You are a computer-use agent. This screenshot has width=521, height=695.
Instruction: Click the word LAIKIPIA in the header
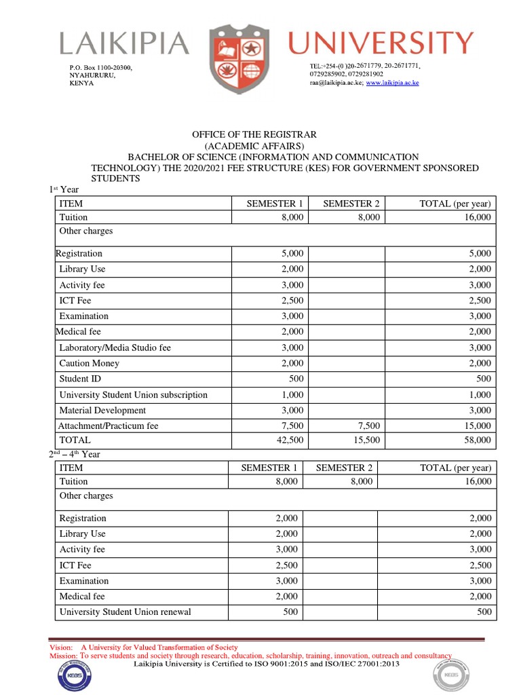pos(124,45)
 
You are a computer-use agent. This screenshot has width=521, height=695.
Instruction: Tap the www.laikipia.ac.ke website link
pos(392,82)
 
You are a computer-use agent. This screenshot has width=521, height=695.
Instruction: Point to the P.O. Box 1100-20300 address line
pos(101,68)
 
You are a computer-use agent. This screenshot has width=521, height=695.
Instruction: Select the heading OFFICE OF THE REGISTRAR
pos(254,135)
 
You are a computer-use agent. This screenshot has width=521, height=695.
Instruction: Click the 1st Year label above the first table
pos(64,189)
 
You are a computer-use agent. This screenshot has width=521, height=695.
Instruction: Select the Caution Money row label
pos(89,363)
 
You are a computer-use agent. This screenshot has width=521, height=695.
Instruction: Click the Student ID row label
pos(80,379)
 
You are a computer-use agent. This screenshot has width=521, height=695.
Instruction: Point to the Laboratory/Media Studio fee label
pos(115,347)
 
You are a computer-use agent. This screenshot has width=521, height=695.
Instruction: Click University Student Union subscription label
pos(133,394)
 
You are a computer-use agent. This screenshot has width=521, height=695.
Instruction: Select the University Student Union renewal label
pos(125,612)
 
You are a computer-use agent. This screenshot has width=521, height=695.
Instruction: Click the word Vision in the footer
pos(61,647)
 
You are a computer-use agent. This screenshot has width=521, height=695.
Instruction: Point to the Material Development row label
pos(102,410)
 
